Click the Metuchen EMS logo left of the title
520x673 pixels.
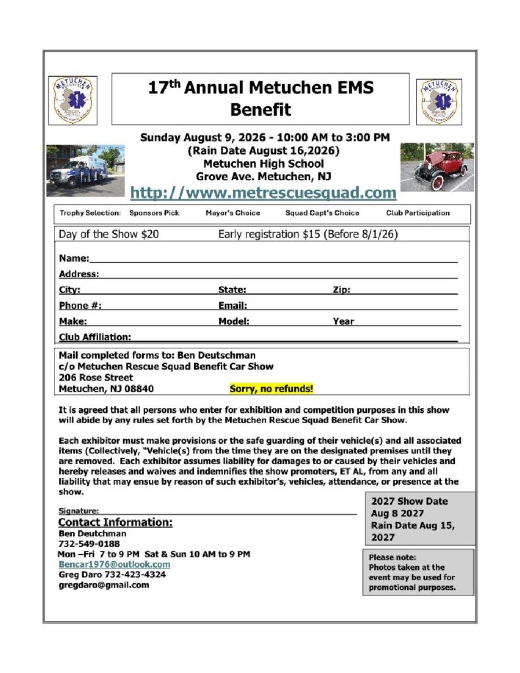(72, 101)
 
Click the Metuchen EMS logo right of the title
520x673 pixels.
(440, 101)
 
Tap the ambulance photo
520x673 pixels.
(85, 170)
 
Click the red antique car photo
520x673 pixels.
(437, 167)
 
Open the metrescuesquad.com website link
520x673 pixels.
(263, 193)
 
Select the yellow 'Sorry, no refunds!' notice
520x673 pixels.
(272, 388)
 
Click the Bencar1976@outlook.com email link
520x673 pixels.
(114, 564)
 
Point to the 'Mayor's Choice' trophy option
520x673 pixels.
(233, 213)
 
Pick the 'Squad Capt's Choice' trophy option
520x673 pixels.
(322, 213)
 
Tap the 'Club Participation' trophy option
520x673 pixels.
(418, 213)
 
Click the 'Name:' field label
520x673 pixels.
(74, 258)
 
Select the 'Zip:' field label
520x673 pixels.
(342, 290)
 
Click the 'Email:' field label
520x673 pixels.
(233, 306)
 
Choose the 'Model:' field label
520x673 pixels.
(234, 321)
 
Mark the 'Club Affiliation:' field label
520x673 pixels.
(95, 337)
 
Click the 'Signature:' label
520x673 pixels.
(78, 511)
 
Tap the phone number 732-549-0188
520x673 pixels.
(89, 544)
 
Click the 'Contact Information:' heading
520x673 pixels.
(116, 522)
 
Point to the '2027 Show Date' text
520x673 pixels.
(410, 501)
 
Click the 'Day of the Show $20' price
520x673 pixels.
(108, 234)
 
